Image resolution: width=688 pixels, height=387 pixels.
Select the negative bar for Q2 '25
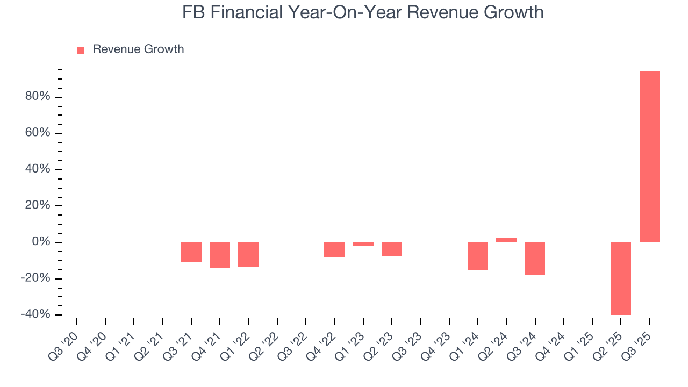tap(621, 278)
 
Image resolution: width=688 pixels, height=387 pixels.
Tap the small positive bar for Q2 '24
tap(506, 240)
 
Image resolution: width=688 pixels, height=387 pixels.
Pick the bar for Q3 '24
tap(535, 259)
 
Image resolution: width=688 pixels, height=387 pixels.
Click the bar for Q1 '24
tap(478, 256)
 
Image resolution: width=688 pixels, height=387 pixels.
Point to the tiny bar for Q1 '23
tap(363, 244)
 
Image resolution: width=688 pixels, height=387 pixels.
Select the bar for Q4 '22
tap(334, 249)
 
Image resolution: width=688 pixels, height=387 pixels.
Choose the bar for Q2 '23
tap(392, 249)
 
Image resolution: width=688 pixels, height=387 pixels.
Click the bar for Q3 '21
tap(191, 252)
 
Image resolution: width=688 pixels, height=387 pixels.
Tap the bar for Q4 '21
tap(220, 255)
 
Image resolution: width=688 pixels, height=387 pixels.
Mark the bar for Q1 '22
tap(248, 254)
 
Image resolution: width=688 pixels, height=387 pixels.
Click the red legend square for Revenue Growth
tap(81, 51)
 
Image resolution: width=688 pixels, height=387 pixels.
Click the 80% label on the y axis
tap(37, 97)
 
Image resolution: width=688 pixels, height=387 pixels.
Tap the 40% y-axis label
tap(37, 169)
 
